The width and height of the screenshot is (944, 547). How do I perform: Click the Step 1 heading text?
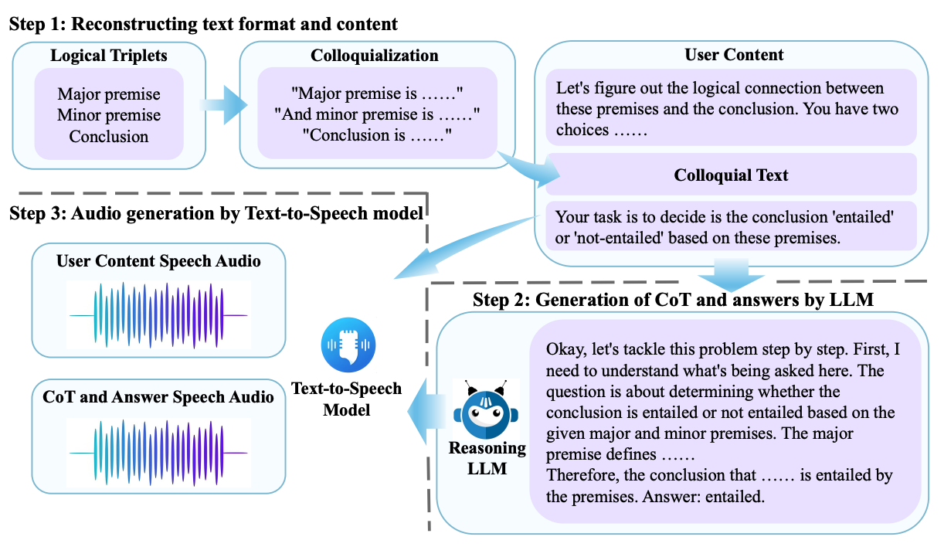click(x=203, y=24)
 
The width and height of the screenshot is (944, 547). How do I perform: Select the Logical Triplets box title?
click(x=108, y=56)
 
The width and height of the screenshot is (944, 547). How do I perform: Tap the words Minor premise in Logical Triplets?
click(x=108, y=116)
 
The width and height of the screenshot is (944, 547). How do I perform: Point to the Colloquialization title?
click(x=375, y=56)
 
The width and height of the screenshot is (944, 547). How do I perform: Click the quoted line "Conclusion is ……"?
click(x=376, y=136)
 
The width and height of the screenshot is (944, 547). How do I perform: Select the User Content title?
click(x=733, y=55)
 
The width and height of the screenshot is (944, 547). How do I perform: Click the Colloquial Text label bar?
click(x=731, y=175)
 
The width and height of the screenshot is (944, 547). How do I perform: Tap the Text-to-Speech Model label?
click(x=346, y=398)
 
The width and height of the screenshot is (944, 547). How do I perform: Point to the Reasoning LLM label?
click(x=487, y=457)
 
